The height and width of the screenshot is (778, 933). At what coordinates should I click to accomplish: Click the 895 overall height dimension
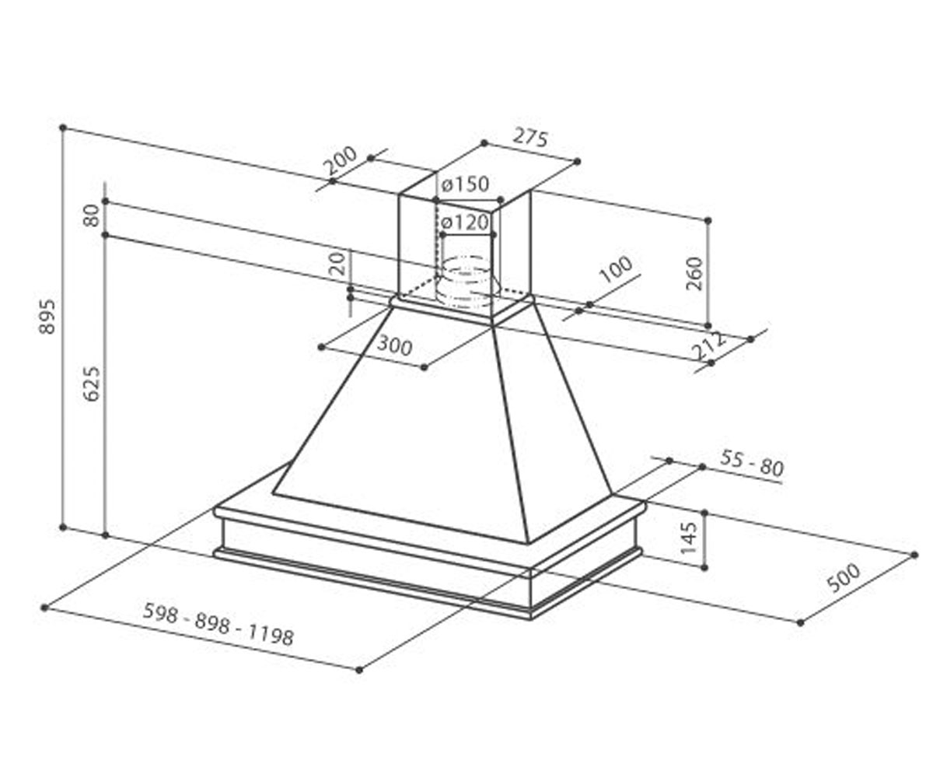47,317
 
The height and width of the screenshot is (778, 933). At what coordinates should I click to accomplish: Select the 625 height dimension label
92,384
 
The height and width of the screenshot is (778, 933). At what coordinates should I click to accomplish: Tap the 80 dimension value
92,216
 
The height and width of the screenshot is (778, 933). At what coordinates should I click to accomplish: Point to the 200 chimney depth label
341,160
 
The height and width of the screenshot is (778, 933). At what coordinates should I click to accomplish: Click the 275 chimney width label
530,137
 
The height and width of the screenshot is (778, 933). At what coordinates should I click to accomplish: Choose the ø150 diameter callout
465,184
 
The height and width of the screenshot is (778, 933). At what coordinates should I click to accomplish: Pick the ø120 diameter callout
465,223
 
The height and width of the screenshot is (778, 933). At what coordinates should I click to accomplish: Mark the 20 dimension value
337,263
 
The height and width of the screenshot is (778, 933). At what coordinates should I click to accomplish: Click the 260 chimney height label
694,273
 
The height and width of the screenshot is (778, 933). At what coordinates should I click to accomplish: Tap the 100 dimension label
616,270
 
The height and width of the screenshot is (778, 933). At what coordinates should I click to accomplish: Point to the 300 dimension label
394,345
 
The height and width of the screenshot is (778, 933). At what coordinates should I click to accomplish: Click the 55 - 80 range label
752,464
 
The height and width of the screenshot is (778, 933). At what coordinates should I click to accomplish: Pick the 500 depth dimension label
844,578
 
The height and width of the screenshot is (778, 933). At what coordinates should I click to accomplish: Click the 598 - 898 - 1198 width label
218,624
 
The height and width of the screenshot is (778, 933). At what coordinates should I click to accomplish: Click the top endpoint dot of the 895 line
63,128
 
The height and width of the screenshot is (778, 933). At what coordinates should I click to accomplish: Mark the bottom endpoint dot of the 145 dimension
704,568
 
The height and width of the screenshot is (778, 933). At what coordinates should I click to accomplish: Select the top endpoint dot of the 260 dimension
708,220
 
